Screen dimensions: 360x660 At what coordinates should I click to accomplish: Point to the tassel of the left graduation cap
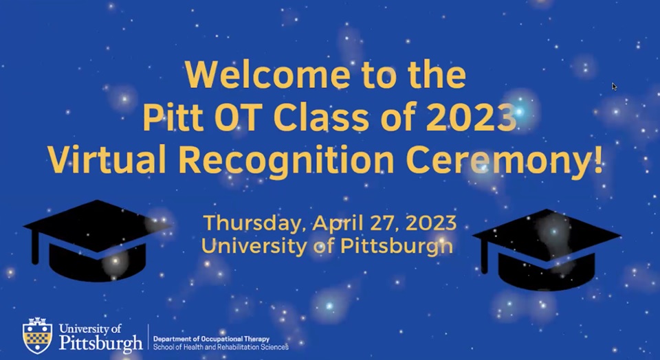(x=34, y=247)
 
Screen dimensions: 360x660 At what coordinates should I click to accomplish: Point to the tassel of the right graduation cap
(x=485, y=258)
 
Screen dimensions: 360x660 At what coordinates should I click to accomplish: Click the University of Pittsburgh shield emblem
(x=37, y=335)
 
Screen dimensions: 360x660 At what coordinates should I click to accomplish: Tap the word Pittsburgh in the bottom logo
(x=101, y=341)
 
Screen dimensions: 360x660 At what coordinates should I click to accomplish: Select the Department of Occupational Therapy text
(x=211, y=339)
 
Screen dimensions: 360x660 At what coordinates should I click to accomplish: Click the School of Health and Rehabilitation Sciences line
(x=221, y=347)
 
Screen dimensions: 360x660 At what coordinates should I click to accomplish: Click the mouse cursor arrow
(x=614, y=87)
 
